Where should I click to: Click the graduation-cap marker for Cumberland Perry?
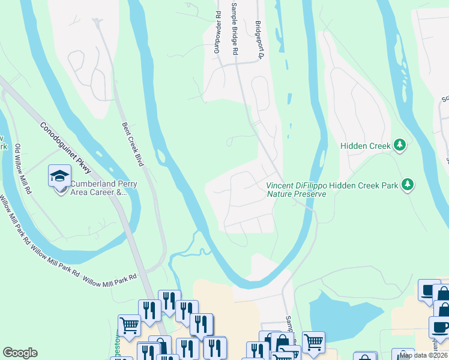click(x=59, y=176)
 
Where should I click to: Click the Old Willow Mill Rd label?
click(x=23, y=169)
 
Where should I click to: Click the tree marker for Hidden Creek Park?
click(x=408, y=184)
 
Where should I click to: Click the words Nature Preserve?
click(x=297, y=194)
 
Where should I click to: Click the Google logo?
click(x=20, y=353)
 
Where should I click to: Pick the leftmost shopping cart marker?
click(x=129, y=325)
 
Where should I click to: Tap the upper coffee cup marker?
click(x=429, y=289)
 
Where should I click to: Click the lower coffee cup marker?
click(x=439, y=327)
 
